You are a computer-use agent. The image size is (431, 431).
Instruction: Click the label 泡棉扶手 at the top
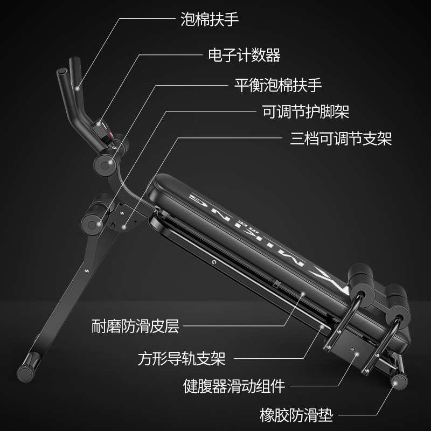pos(210,19)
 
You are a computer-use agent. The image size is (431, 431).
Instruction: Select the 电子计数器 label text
pos(244,55)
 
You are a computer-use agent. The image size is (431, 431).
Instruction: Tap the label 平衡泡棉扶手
pos(278,85)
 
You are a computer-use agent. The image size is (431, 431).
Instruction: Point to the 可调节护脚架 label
pos(305,112)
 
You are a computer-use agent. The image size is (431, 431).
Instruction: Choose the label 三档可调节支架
pos(341,138)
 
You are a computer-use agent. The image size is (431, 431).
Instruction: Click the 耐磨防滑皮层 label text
pos(135,326)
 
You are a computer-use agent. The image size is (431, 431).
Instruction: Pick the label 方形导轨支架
pos(182,358)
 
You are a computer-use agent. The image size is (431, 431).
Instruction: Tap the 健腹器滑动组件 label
pos(234,386)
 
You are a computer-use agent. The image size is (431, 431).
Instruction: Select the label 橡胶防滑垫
pos(296,415)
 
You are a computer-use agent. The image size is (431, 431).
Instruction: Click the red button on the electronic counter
pos(112,135)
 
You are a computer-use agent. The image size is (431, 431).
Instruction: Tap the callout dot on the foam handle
pos(78,88)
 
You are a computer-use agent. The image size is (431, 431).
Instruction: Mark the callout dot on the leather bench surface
pos(303,294)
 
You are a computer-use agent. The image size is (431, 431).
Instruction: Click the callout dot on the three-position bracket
pos(124,227)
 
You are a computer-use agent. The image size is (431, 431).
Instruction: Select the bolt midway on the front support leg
pos(87,271)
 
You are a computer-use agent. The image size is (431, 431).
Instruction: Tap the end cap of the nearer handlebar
pos(62,72)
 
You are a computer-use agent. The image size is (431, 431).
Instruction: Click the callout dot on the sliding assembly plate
pos(357,354)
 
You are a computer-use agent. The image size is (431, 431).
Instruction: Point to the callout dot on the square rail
pos(322,327)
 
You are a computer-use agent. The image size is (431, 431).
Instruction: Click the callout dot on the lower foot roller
pos(99,224)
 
